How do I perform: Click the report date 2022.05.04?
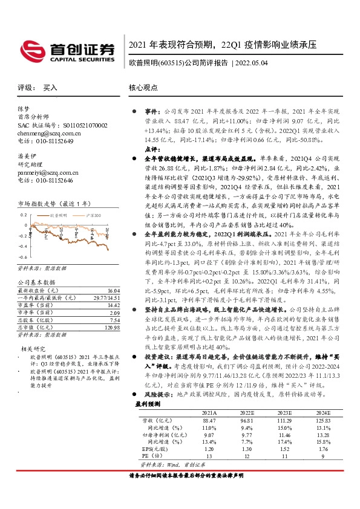tap(250, 62)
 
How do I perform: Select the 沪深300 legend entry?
tap(93, 215)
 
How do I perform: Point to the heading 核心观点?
tap(142, 88)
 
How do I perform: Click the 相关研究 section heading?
tap(34, 349)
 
